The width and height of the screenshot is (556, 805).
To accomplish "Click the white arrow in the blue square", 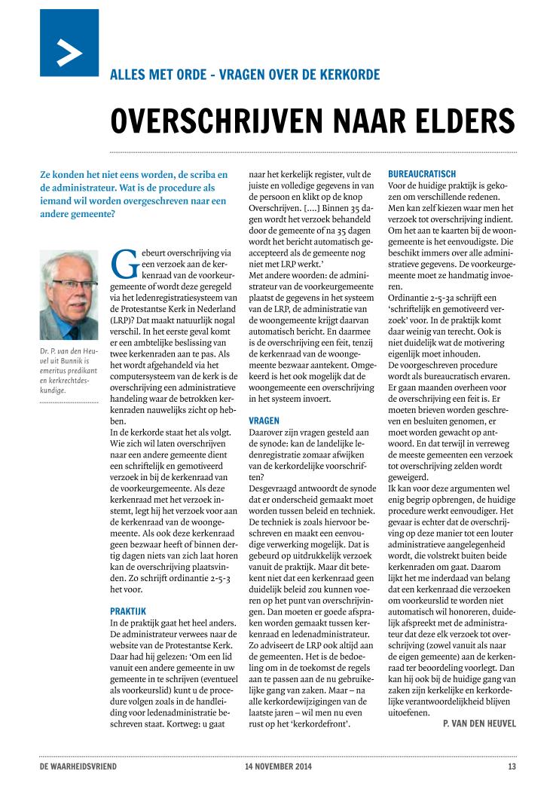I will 69,53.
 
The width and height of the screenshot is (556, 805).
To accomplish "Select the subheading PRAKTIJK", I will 128,611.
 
